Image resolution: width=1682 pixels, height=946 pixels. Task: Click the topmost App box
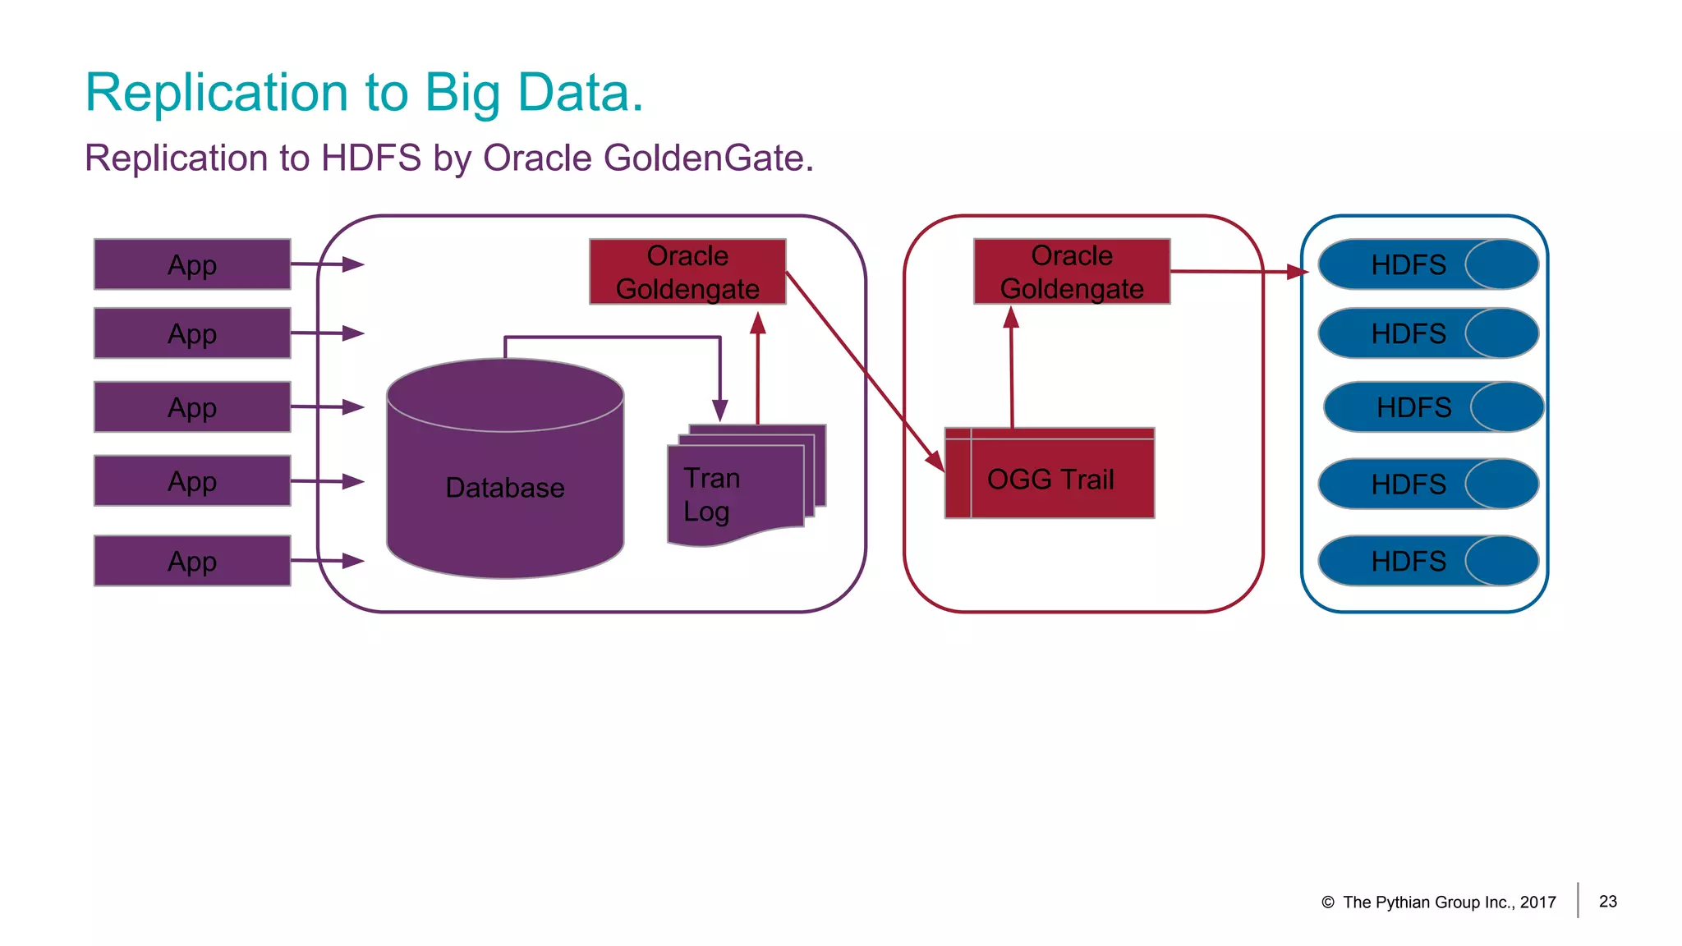pyautogui.click(x=192, y=264)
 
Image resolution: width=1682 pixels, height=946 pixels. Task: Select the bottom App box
pyautogui.click(x=192, y=561)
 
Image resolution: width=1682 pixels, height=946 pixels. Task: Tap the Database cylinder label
pyautogui.click(x=504, y=488)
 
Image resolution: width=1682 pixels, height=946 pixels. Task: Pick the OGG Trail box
pyautogui.click(x=1050, y=479)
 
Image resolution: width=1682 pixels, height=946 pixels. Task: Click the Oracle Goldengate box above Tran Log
pyautogui.click(x=687, y=272)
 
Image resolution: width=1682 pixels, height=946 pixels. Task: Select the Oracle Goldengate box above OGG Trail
pyautogui.click(x=1072, y=272)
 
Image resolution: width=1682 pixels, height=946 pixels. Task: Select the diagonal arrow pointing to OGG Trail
pyautogui.click(x=862, y=370)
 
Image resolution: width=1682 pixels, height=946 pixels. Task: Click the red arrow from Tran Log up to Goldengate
pyautogui.click(x=757, y=370)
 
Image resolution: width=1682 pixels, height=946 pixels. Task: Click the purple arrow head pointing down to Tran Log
pyautogui.click(x=719, y=410)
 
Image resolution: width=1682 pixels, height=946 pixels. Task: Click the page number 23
pyautogui.click(x=1607, y=902)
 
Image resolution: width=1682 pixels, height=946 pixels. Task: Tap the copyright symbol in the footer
pyautogui.click(x=1327, y=902)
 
